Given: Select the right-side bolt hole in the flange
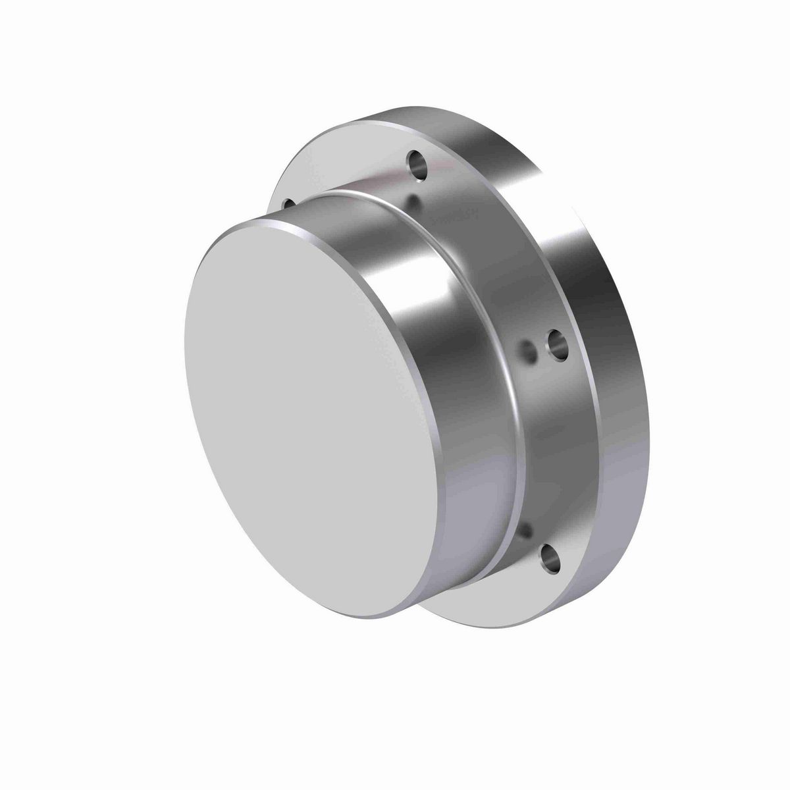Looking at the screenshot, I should [557, 344].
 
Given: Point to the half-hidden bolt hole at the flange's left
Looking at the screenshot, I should [288, 203].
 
